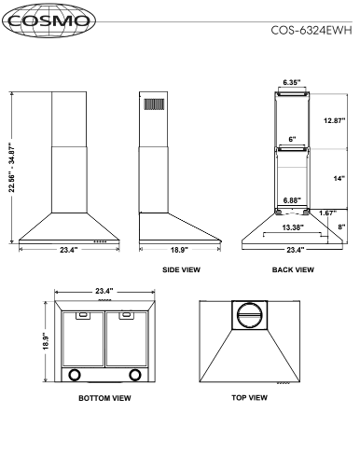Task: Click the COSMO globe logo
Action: pyautogui.click(x=48, y=21)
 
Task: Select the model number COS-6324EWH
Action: pyautogui.click(x=312, y=31)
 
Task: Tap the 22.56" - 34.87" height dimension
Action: pyautogui.click(x=12, y=168)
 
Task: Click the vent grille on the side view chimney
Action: pyautogui.click(x=154, y=104)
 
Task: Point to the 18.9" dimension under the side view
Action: pyautogui.click(x=179, y=250)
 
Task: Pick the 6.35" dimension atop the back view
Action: pyautogui.click(x=292, y=82)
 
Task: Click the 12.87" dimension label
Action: pyautogui.click(x=335, y=120)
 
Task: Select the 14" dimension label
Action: pyautogui.click(x=339, y=178)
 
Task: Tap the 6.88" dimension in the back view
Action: pyautogui.click(x=292, y=200)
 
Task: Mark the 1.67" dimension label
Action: pyautogui.click(x=328, y=213)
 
